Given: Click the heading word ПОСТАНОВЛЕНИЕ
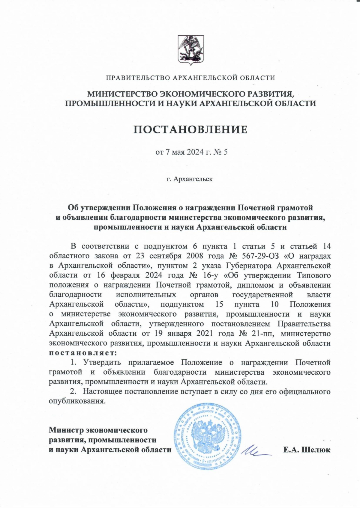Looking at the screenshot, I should [190, 129].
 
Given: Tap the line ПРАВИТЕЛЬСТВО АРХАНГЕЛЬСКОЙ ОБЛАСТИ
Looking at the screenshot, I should [190, 78].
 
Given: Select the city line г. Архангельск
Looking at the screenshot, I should [190, 179].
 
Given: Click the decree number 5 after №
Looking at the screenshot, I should [226, 152].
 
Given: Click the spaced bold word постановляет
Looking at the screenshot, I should [83, 352].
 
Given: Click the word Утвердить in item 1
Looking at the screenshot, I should [102, 362].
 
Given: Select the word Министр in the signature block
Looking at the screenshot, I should [66, 430].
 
